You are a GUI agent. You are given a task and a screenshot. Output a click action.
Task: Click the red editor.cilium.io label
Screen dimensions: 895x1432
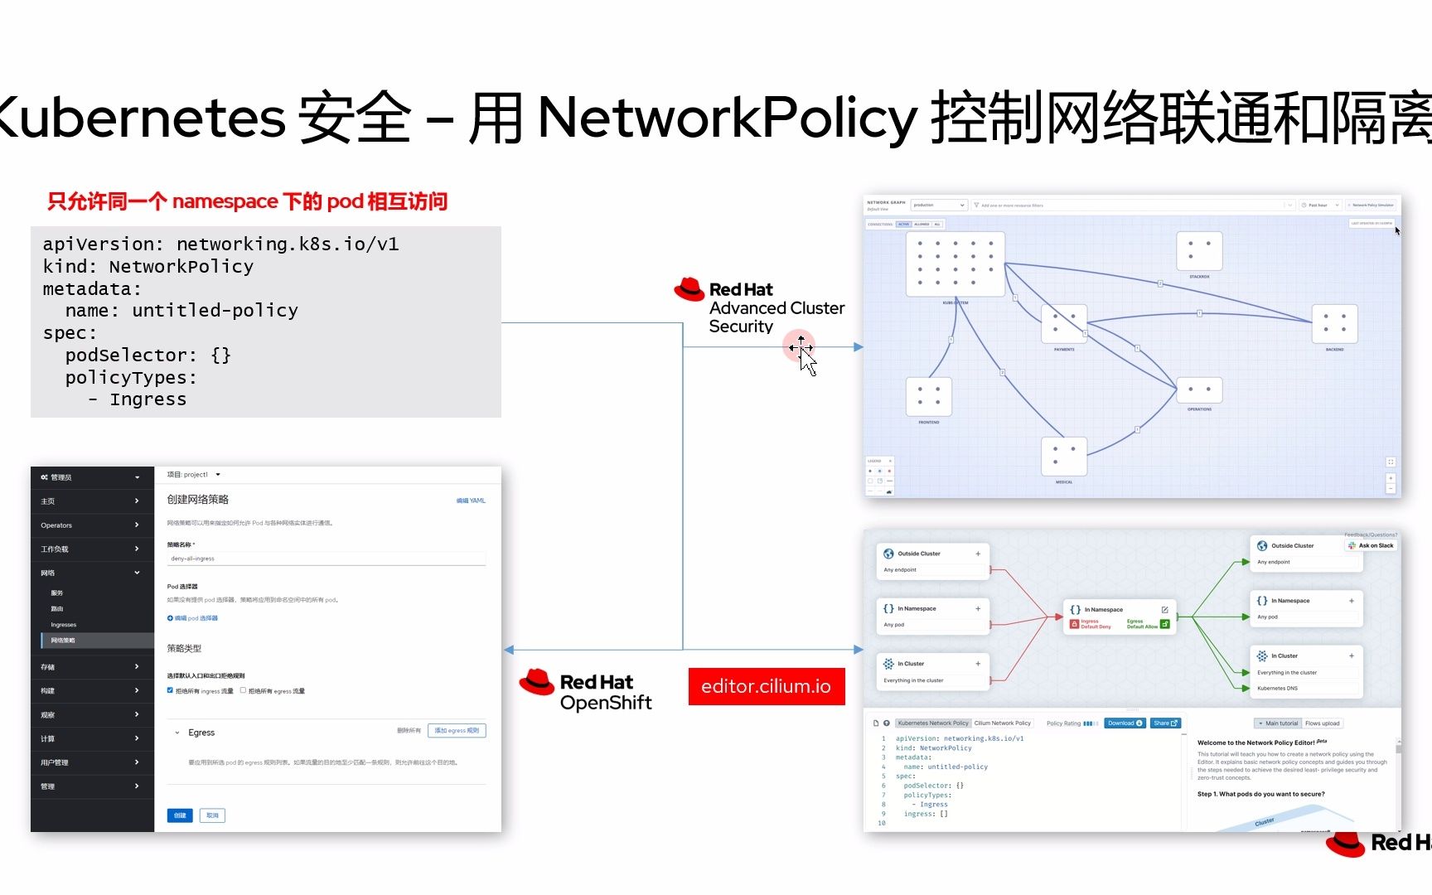click(766, 686)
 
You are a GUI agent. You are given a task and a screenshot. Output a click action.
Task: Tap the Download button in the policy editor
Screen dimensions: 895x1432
click(1125, 723)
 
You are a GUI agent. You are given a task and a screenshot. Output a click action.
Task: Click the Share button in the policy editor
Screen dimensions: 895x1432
click(1165, 723)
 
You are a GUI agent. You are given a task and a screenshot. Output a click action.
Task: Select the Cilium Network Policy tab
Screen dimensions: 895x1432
click(1002, 723)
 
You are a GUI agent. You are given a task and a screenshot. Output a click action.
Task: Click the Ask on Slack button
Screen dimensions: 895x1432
click(1371, 545)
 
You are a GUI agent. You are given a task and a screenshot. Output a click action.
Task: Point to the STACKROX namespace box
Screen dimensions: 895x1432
click(1199, 251)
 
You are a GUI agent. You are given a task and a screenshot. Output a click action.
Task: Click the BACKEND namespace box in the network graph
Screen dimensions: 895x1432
click(1334, 323)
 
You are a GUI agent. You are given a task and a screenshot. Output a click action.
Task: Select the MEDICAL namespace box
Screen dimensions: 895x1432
click(1063, 456)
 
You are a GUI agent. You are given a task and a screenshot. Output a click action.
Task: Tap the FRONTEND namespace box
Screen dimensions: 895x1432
click(928, 396)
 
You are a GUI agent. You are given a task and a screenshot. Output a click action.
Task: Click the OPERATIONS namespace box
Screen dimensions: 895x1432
click(1199, 389)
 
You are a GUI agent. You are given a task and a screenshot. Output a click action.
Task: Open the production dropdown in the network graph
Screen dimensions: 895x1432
click(939, 205)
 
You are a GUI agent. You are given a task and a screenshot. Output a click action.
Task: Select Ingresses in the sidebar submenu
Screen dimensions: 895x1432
click(64, 625)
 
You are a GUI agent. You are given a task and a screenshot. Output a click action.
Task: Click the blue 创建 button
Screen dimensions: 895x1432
click(180, 815)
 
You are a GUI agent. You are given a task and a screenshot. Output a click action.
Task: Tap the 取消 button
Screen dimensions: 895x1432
click(212, 815)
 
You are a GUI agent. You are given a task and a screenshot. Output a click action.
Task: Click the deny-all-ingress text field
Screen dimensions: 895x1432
click(326, 559)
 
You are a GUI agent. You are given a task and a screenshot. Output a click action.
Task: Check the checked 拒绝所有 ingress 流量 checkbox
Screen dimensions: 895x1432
click(170, 690)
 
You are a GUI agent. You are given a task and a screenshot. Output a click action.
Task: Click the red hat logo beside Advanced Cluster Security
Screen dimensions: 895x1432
click(689, 289)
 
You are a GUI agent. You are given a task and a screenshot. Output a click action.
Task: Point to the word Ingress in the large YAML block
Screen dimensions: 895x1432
click(148, 399)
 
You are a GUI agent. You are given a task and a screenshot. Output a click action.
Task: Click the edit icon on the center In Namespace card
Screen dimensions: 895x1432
click(1164, 610)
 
